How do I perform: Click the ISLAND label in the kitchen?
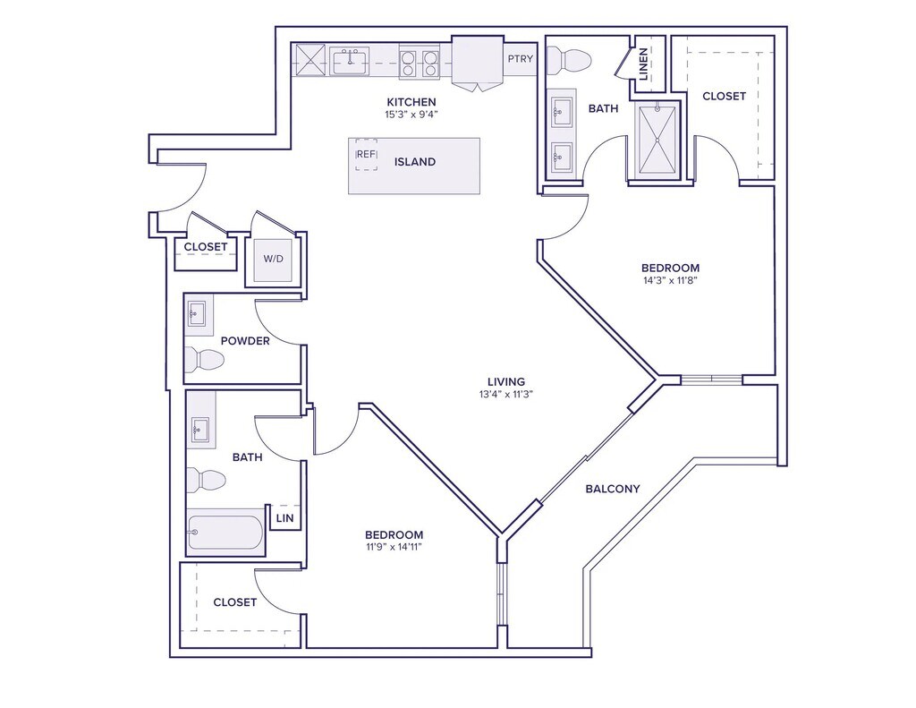415,162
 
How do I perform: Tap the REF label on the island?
366,154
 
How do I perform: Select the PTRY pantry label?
520,59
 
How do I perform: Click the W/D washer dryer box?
273,260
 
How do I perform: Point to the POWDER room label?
245,340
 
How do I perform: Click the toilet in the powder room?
204,360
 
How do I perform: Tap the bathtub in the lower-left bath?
226,534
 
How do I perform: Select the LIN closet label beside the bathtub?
284,518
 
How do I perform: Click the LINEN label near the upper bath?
644,63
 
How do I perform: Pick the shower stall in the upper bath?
658,141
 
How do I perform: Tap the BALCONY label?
613,489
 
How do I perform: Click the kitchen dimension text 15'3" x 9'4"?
411,115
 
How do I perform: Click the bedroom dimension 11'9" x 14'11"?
394,547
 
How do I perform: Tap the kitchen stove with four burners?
420,62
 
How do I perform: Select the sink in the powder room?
199,314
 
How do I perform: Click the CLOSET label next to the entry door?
206,247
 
